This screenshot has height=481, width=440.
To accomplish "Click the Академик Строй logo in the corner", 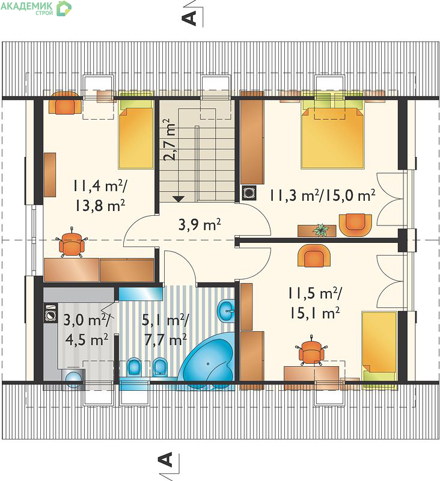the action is point(36,8).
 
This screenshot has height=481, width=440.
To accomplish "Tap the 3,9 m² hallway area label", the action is point(200,225).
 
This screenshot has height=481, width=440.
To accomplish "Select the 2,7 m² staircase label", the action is point(170,139).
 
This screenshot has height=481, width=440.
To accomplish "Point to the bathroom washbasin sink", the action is point(226,310).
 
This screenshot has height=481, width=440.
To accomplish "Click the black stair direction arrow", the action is point(179,199).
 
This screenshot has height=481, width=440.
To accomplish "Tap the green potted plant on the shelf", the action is point(321,230).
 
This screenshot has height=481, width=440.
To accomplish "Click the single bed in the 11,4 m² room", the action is point(136,134).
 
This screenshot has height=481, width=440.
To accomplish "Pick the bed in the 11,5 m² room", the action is point(379,351).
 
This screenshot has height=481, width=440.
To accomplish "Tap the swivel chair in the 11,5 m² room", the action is point(311,351).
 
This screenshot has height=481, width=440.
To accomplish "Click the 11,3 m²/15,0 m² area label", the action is point(322,195).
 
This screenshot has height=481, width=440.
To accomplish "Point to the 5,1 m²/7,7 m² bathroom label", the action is point(165,329).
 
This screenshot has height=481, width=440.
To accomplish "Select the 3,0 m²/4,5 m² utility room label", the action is point(87,329).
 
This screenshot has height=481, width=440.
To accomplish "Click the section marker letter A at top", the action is point(189,18).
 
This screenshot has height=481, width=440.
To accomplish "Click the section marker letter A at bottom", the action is point(165,459).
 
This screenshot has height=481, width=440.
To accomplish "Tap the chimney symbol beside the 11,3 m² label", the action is point(249,193).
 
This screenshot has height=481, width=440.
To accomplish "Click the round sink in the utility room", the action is point(74,379).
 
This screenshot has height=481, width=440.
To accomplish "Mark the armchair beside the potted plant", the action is point(355,225).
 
